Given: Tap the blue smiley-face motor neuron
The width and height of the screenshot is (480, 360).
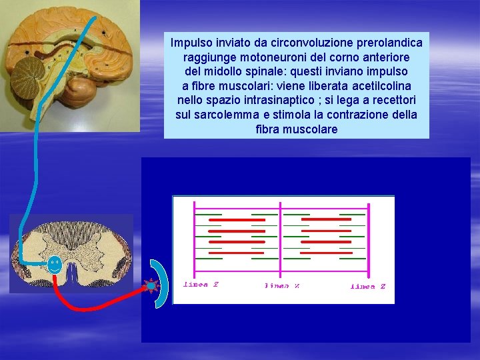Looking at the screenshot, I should [55, 265].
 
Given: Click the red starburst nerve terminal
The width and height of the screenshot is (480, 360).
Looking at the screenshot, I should [151, 285].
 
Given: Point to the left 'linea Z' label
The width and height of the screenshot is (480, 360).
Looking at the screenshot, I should [201, 285].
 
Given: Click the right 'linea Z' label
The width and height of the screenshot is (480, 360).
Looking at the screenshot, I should [368, 286].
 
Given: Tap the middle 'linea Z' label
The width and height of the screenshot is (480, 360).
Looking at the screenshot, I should [283, 286].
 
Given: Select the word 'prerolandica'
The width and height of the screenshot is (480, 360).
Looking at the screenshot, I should [391, 43].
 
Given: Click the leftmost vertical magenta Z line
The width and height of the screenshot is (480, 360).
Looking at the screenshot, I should [193, 237].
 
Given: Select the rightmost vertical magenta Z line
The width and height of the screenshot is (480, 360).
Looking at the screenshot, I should [367, 237].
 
